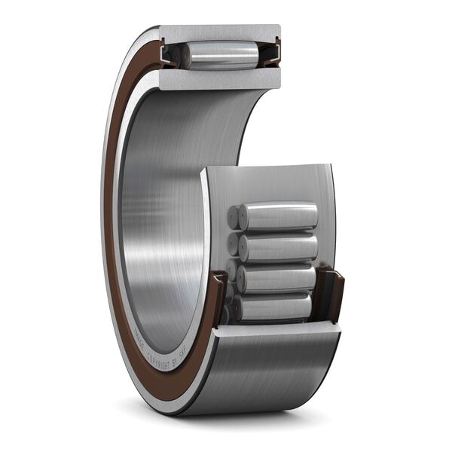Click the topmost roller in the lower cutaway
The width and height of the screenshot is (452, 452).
click(x=277, y=217)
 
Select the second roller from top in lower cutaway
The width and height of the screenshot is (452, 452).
click(x=277, y=247)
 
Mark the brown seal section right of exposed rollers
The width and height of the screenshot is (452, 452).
click(x=329, y=291)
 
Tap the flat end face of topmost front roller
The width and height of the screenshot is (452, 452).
click(x=234, y=218)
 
